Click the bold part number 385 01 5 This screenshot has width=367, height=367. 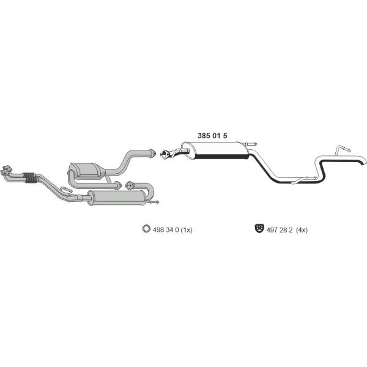[212, 136]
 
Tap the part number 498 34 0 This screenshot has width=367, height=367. [166, 230]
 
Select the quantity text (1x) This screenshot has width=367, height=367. [187, 230]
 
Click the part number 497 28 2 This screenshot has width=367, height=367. [280, 230]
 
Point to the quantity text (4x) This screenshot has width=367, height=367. [302, 230]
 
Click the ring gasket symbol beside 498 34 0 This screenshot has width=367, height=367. [146, 228]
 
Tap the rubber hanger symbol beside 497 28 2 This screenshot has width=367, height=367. [259, 228]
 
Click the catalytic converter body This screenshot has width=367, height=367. [87, 171]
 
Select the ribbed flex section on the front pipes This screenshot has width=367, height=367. [30, 177]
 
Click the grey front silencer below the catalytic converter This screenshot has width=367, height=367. [116, 198]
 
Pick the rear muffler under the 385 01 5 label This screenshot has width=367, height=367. [215, 150]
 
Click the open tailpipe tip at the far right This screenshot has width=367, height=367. [365, 162]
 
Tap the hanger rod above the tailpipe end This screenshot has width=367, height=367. [343, 150]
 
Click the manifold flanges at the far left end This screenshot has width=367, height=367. [6, 170]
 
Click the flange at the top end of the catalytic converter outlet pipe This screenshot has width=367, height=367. [152, 153]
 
